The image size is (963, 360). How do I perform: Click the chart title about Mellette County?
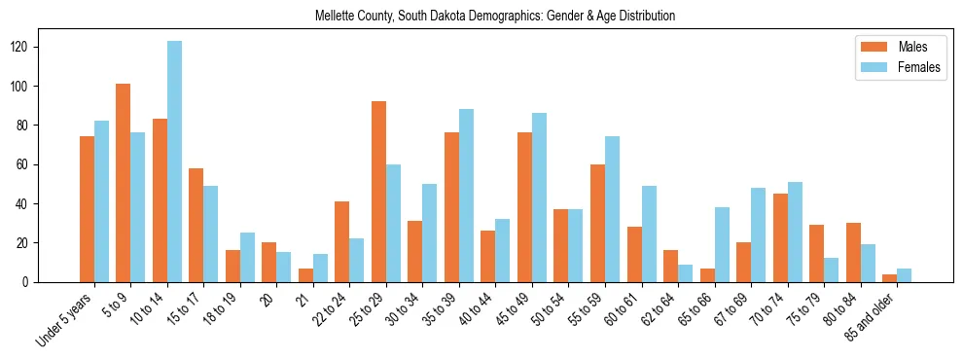pos(495,17)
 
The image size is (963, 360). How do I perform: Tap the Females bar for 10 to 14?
pos(174,162)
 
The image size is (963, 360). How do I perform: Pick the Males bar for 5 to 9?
pos(124,183)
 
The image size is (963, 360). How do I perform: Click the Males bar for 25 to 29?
pos(378,192)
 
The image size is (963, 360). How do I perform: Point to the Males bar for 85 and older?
pos(889,278)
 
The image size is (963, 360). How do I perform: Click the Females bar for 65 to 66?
pos(722,244)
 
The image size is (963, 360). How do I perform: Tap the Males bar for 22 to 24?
pos(342,241)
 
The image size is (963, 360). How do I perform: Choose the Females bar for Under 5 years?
pos(101,201)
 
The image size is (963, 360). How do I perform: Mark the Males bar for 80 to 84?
pos(853,252)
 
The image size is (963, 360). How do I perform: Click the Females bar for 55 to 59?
pos(612,209)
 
